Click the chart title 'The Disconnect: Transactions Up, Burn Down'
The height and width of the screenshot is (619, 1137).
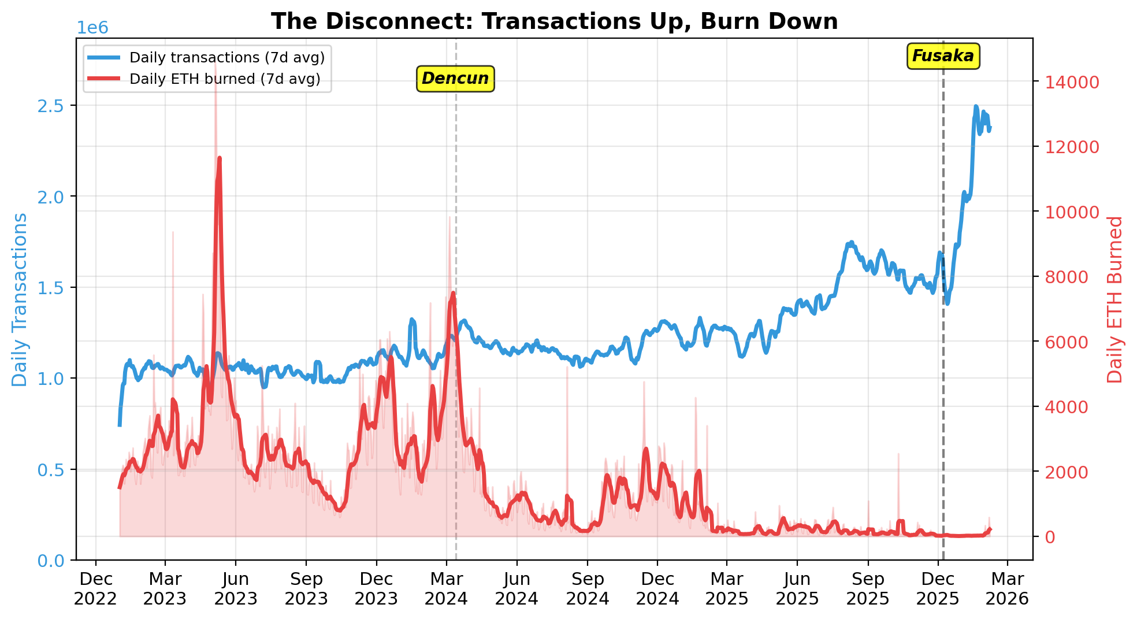[x=554, y=21]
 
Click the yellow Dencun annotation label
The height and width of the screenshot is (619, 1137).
[x=455, y=78]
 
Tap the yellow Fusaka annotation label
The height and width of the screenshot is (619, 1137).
[x=943, y=56]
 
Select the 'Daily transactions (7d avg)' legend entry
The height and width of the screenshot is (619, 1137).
[x=226, y=58]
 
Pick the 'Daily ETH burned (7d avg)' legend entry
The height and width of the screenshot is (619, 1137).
[x=225, y=79]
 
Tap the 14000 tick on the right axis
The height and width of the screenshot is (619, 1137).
[x=1068, y=82]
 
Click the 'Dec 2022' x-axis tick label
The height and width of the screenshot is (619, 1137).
[x=95, y=588]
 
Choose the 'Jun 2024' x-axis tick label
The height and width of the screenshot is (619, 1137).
[x=517, y=588]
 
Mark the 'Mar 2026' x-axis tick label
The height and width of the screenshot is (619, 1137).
[x=1007, y=588]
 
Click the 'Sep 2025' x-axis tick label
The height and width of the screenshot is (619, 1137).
[x=867, y=588]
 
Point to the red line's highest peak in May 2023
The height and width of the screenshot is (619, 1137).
[x=220, y=158]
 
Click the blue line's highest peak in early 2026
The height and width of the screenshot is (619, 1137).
[x=976, y=107]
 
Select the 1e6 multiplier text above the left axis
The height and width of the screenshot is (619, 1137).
[x=92, y=28]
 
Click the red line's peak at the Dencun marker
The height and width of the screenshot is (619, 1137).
[x=453, y=294]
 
